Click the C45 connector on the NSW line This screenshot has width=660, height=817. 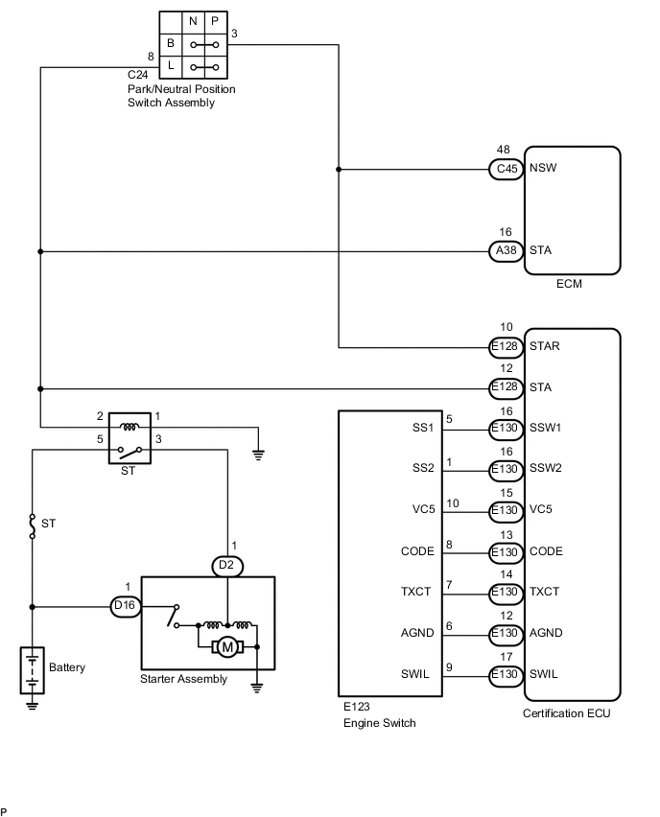point(506,170)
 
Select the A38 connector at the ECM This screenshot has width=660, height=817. point(506,251)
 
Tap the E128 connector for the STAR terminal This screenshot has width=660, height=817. point(506,347)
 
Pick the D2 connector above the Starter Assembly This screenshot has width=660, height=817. point(226,566)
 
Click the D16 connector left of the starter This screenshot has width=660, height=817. point(124,606)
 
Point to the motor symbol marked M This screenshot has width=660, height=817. point(227,647)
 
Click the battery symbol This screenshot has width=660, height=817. point(33,669)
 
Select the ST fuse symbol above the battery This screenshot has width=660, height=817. point(33,525)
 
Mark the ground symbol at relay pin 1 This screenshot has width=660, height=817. point(257,456)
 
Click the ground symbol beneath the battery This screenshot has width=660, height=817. point(33,706)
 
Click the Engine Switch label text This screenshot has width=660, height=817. point(379,722)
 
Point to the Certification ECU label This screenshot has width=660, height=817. point(566,713)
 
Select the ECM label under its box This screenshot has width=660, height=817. point(569,284)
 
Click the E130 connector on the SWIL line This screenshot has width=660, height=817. point(506,674)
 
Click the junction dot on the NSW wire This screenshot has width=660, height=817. point(339,170)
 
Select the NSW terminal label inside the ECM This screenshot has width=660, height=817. point(543,167)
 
